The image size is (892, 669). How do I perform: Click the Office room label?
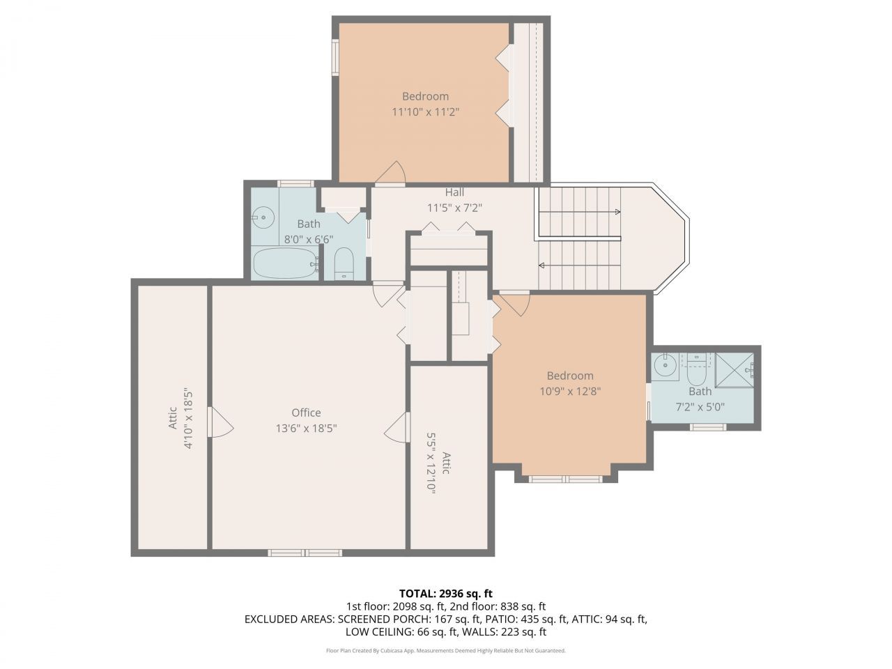tap(306, 413)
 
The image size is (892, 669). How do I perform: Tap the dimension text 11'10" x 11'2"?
tap(425, 111)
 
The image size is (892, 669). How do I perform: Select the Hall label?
tap(454, 192)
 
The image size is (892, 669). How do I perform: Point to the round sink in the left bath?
tap(263, 217)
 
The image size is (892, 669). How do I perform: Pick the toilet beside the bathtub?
tap(344, 263)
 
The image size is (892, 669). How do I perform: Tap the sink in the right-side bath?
tap(666, 364)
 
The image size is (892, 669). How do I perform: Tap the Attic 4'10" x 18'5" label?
tap(180, 418)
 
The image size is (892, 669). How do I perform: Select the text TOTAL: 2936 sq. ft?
tap(445, 594)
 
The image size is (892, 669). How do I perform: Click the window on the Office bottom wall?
tap(305, 553)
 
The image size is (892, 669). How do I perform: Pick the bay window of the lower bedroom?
tap(565, 479)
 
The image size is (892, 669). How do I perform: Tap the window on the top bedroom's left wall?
tap(335, 57)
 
